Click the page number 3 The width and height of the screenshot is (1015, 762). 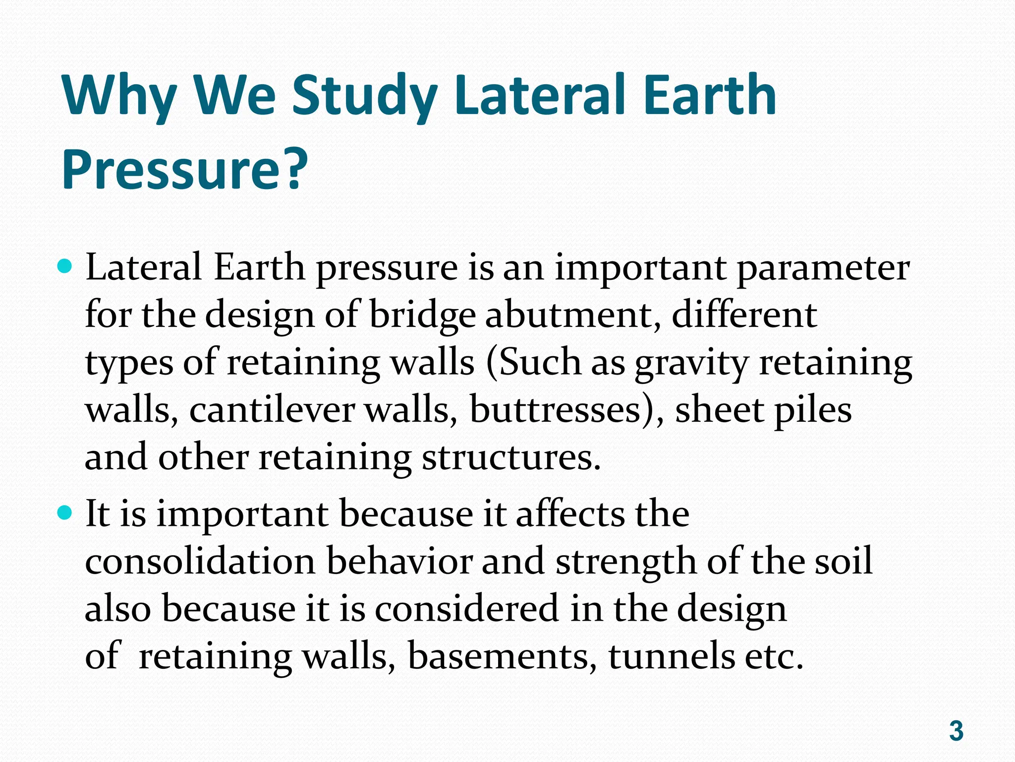point(956,731)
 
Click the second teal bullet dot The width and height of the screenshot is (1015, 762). point(65,513)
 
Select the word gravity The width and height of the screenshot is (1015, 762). point(691,364)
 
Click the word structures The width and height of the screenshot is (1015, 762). point(510,457)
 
